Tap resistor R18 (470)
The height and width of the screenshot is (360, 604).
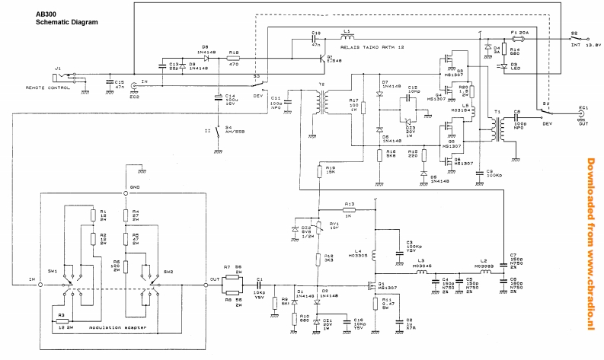tap(235, 59)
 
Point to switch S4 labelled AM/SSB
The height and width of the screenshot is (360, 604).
tap(217, 135)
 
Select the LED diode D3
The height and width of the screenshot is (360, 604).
tap(503, 65)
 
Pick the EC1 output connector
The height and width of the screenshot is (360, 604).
tap(583, 118)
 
